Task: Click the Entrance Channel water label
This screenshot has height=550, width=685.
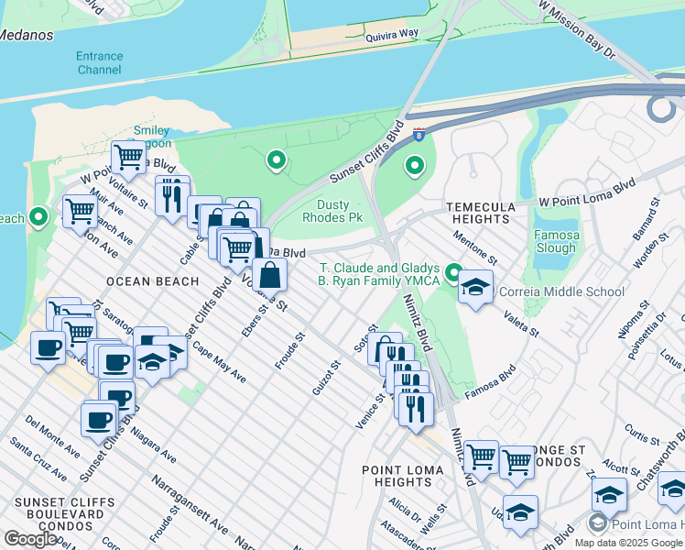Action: point(100,62)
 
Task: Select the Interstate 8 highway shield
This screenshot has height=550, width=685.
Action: point(418,135)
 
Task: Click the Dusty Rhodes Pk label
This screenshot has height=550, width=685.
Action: point(340,212)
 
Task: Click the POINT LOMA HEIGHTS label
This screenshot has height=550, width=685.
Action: point(403,476)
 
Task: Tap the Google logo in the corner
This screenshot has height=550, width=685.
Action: point(30,538)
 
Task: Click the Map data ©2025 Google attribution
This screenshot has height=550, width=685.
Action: point(628,543)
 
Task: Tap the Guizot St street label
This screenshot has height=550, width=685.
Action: point(326,377)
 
